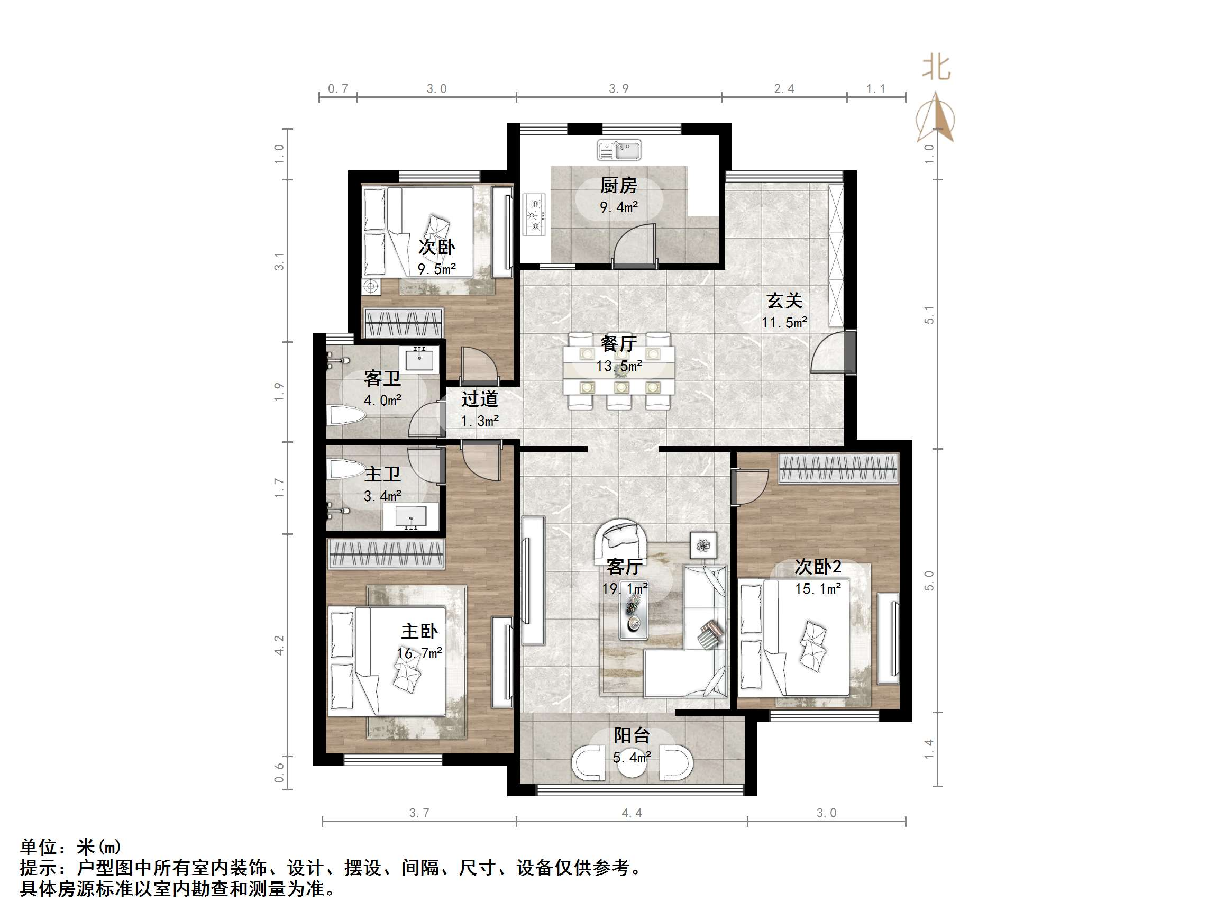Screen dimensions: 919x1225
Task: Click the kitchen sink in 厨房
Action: (x=619, y=150)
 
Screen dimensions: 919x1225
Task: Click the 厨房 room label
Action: (x=619, y=186)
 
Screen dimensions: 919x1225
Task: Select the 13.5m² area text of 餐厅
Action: (x=619, y=366)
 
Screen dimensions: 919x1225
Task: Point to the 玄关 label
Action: (x=784, y=301)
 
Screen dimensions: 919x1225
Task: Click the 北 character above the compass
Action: (x=936, y=69)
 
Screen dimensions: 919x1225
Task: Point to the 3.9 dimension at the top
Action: (x=619, y=89)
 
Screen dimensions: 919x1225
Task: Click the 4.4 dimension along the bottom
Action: (x=632, y=813)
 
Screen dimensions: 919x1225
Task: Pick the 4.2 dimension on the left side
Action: (x=279, y=645)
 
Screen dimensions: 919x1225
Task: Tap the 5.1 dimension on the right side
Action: (x=929, y=315)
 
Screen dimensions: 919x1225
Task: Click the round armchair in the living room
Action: (x=621, y=540)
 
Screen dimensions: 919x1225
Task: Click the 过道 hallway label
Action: (x=480, y=399)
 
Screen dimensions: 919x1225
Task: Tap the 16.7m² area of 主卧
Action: (x=419, y=653)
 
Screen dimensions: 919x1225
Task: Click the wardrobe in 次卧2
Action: (x=837, y=469)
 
